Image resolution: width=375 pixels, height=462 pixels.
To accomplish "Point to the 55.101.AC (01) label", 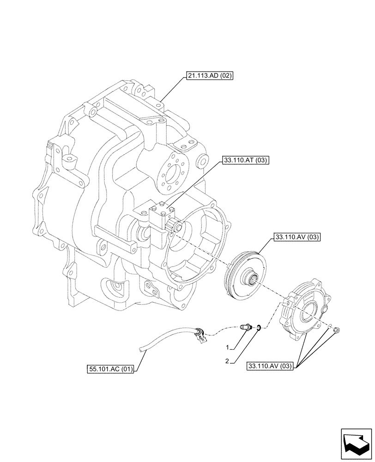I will tap(110, 369).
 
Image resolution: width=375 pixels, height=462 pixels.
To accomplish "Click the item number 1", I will tap(228, 346).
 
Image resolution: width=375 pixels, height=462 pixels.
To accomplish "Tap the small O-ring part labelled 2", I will tap(260, 328).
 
